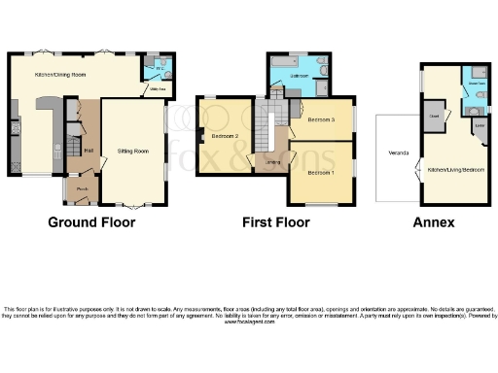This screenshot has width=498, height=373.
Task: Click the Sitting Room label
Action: point(133,152)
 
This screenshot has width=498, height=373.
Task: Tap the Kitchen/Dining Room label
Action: point(60,75)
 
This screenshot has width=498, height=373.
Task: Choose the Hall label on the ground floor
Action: point(89,151)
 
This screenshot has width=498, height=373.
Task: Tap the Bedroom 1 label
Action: point(320,173)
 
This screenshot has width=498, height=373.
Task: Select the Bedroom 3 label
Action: point(321,120)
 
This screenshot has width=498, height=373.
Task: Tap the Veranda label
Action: point(398,153)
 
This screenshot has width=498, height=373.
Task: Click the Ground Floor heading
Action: point(91,222)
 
